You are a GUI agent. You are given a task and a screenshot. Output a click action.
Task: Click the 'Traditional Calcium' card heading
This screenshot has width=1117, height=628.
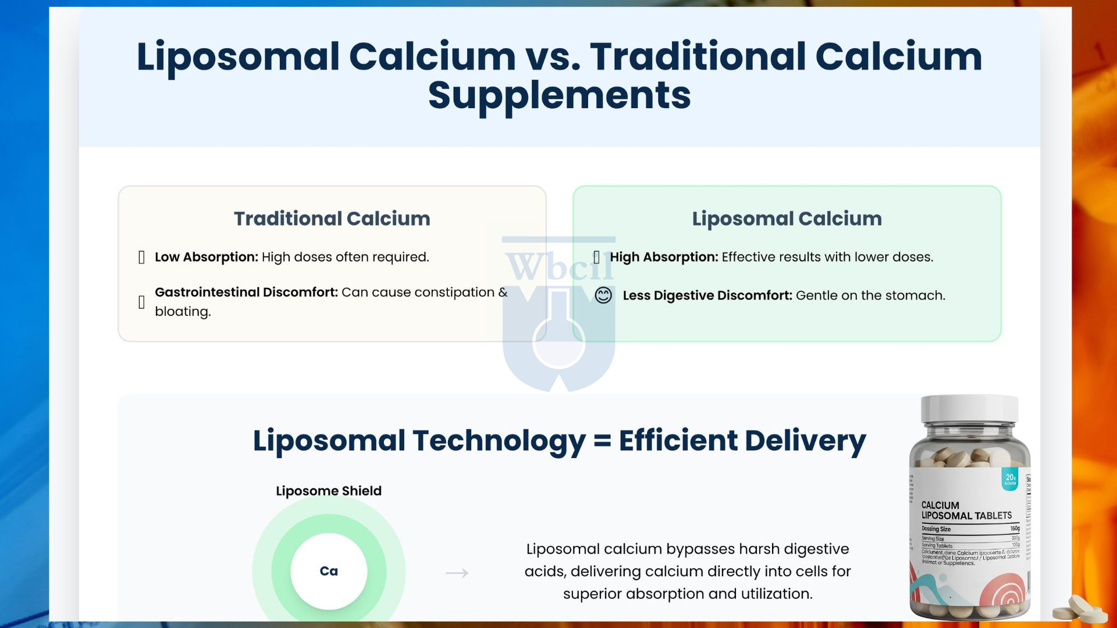click(x=332, y=219)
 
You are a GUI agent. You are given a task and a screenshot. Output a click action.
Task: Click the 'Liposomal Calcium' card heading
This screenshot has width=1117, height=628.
click(x=787, y=219)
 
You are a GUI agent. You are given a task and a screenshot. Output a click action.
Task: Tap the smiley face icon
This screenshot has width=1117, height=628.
click(x=603, y=295)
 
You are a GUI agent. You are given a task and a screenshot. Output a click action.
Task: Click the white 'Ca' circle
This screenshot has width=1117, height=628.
click(x=329, y=571)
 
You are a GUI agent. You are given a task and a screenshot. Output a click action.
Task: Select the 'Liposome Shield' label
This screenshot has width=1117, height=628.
click(x=329, y=491)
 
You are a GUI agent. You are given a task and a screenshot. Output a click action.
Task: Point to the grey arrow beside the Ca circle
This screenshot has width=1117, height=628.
click(x=457, y=573)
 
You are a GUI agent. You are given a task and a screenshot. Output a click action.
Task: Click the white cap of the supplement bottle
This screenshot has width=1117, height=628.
click(x=969, y=411)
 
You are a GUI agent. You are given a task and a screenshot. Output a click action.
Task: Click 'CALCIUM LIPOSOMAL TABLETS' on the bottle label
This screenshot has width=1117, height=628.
click(x=966, y=511)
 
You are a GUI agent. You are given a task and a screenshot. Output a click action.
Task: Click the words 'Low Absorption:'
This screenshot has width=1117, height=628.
click(x=206, y=257)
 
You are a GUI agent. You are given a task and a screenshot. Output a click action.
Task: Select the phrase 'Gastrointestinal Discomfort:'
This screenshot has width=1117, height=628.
click(x=246, y=292)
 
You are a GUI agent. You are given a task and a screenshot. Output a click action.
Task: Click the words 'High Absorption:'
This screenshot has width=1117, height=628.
click(x=664, y=257)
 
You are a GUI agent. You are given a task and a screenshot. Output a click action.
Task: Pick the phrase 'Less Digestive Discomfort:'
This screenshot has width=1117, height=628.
click(x=707, y=295)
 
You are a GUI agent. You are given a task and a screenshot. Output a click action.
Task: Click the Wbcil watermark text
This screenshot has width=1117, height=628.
click(x=558, y=266)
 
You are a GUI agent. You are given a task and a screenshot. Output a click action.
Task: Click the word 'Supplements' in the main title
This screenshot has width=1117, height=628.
click(x=559, y=95)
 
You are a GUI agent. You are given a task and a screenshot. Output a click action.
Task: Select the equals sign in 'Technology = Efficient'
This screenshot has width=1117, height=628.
click(x=602, y=440)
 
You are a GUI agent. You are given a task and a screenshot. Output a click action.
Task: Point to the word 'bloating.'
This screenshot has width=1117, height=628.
click(x=183, y=312)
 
